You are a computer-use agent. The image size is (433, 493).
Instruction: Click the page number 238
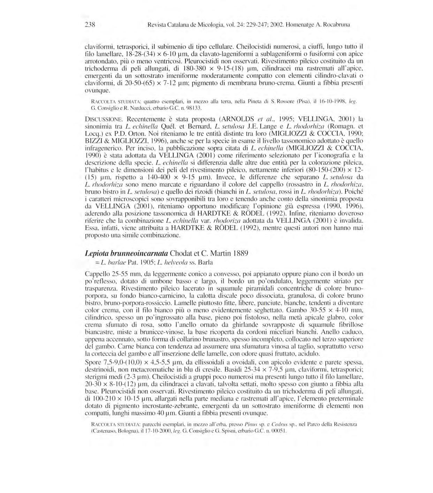tap(90, 25)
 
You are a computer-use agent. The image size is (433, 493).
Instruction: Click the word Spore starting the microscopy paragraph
tap(92, 362)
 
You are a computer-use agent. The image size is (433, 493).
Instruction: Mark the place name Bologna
tap(129, 431)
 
